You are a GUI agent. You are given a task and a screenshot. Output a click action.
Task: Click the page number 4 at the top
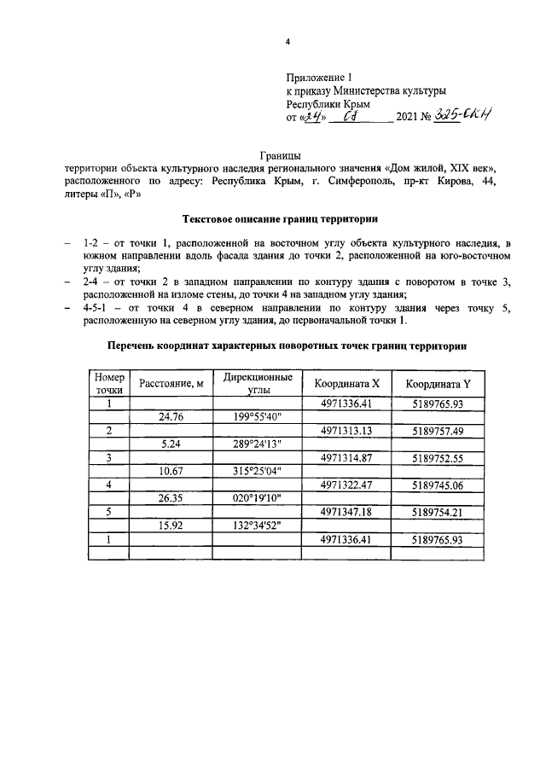click(x=288, y=42)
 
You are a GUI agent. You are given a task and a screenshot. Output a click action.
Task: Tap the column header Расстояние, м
click(x=171, y=384)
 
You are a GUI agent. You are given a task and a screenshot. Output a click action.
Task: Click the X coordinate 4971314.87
click(x=346, y=458)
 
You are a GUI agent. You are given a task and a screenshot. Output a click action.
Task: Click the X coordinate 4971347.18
click(x=346, y=513)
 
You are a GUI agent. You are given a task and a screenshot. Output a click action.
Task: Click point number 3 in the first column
click(x=109, y=458)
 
